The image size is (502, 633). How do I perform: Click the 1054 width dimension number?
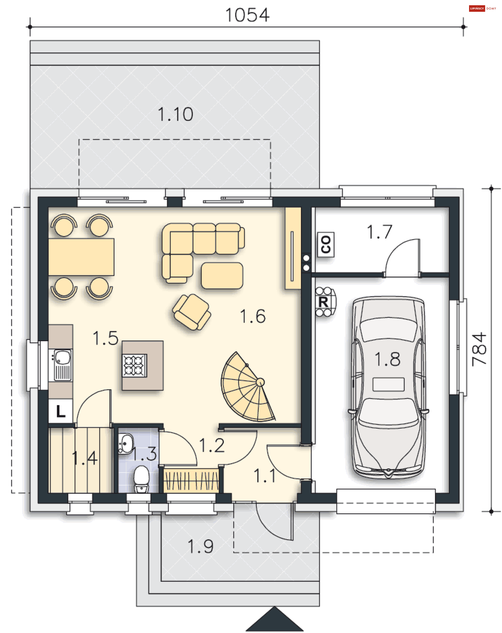(247, 15)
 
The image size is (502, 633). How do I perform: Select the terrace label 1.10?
(175, 114)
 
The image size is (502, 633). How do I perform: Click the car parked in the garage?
(388, 387)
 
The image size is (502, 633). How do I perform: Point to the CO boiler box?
(326, 244)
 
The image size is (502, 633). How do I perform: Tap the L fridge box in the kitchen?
(60, 411)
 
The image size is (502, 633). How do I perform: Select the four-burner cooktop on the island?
(135, 365)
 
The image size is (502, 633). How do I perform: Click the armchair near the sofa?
(191, 312)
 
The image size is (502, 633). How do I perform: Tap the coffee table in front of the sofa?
(222, 275)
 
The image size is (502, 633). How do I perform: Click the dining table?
(81, 257)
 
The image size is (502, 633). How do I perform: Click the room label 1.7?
(379, 232)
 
